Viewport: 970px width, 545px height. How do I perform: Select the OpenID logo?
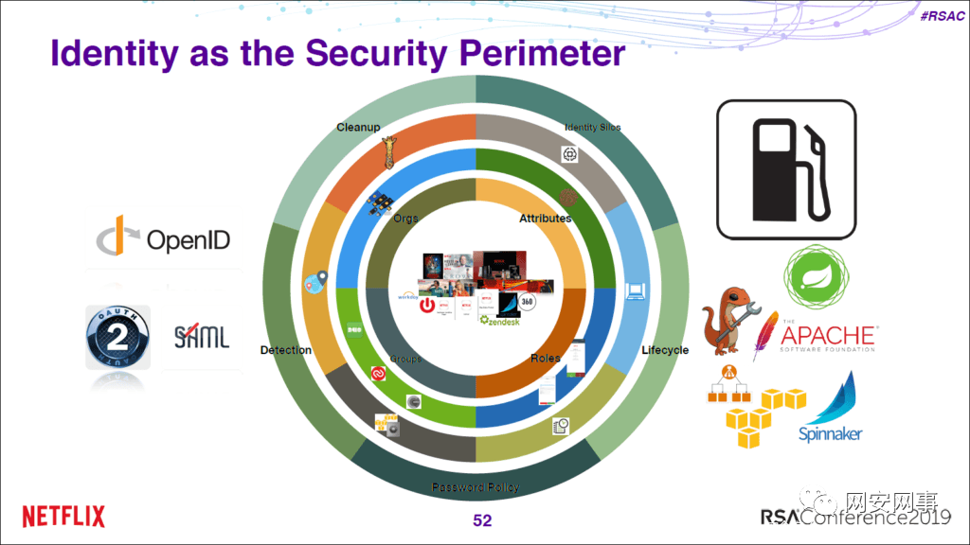coord(163,239)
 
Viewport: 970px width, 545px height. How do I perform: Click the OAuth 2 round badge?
coord(118,337)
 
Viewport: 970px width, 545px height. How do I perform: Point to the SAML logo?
coord(202,336)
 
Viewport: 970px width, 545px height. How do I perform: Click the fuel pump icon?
coord(785,169)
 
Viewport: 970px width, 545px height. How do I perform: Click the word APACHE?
coord(828,335)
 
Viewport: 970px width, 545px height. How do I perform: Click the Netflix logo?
coord(63,517)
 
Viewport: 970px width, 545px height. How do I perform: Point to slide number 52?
coord(482,521)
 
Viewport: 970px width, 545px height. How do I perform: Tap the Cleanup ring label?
coord(358,127)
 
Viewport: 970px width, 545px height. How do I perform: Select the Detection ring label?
coord(286,350)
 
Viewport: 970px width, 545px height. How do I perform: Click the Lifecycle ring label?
coord(665,350)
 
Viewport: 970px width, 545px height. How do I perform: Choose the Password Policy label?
coord(476,487)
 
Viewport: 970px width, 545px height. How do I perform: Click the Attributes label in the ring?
coord(545,219)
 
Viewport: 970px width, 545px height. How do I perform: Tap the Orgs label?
coord(405,219)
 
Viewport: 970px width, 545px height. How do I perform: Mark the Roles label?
coord(546,358)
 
